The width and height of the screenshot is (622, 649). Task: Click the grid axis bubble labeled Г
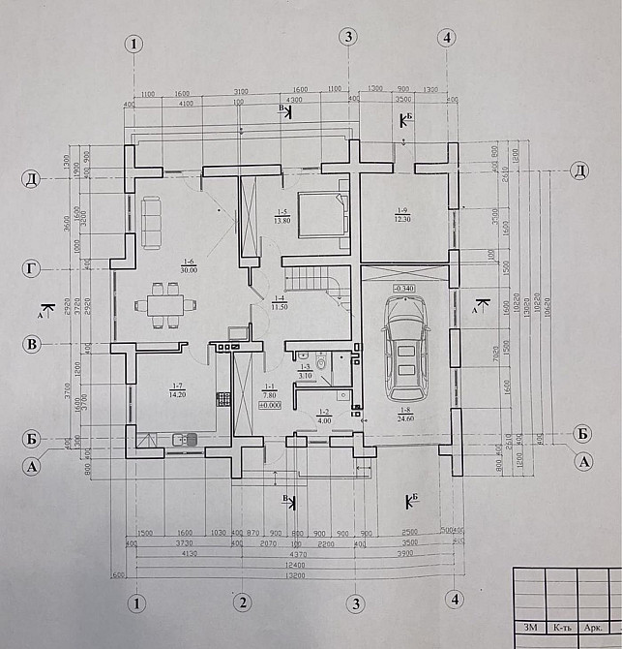pos(32,265)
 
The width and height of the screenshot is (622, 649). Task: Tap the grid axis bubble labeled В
pos(32,344)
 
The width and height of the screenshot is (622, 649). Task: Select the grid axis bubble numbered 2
pos(243,603)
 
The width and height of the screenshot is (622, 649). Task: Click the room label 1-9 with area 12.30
pos(402,214)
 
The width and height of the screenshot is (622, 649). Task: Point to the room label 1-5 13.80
pos(282,217)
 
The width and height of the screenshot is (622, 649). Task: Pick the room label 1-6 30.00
pos(189,266)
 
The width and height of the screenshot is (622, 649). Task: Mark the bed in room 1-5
pos(320,212)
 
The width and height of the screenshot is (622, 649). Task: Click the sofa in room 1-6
pos(153,222)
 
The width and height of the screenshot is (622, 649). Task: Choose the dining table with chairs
pos(164,305)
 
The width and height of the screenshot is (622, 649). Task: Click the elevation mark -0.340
pos(404,289)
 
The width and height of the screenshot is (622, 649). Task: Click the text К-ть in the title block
pos(561,628)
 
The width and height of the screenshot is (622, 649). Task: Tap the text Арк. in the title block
pos(592,628)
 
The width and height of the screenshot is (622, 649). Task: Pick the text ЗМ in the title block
pos(530,628)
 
